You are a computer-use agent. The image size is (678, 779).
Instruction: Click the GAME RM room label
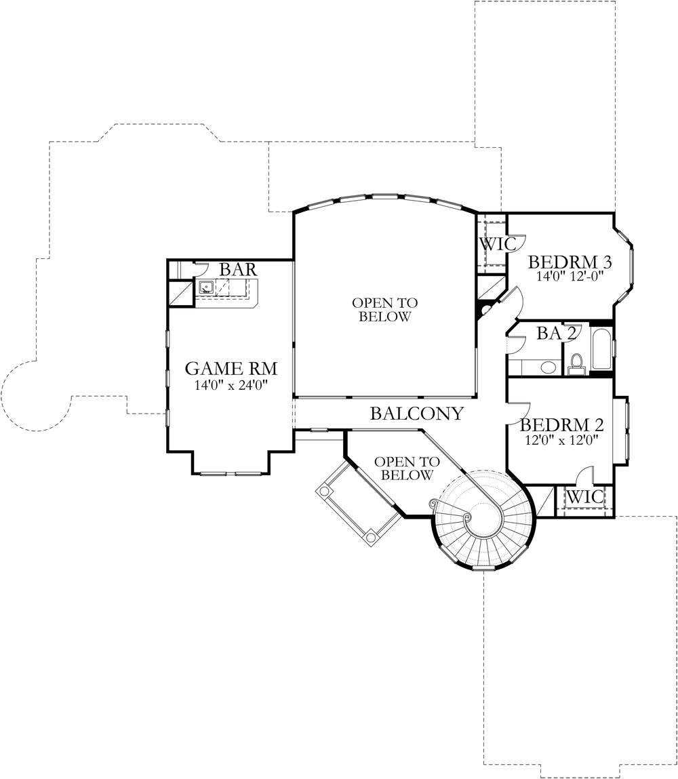click(231, 369)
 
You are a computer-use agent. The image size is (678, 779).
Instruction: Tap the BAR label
click(239, 269)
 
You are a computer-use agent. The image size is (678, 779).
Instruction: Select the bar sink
click(206, 287)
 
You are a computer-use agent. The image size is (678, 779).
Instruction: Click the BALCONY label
click(417, 414)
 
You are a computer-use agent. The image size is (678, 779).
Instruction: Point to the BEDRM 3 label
click(570, 262)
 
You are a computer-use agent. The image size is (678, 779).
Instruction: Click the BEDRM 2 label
click(562, 425)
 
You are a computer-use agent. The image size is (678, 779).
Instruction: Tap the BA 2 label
click(557, 334)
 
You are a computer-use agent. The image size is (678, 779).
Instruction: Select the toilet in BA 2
click(577, 363)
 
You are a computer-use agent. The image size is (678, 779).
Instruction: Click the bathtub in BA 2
click(601, 348)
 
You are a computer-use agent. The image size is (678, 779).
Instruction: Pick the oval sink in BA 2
click(549, 367)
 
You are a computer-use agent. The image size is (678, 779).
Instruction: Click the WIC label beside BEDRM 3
click(497, 244)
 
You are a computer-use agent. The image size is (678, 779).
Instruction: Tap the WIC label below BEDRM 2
click(585, 497)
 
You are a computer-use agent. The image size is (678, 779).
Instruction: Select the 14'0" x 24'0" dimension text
click(231, 385)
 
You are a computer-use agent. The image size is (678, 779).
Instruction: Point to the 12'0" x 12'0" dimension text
click(561, 440)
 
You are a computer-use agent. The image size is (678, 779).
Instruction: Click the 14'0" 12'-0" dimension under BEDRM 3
click(570, 276)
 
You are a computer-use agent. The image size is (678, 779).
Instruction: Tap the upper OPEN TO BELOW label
click(385, 310)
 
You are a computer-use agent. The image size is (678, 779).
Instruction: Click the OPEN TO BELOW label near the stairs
click(407, 468)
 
